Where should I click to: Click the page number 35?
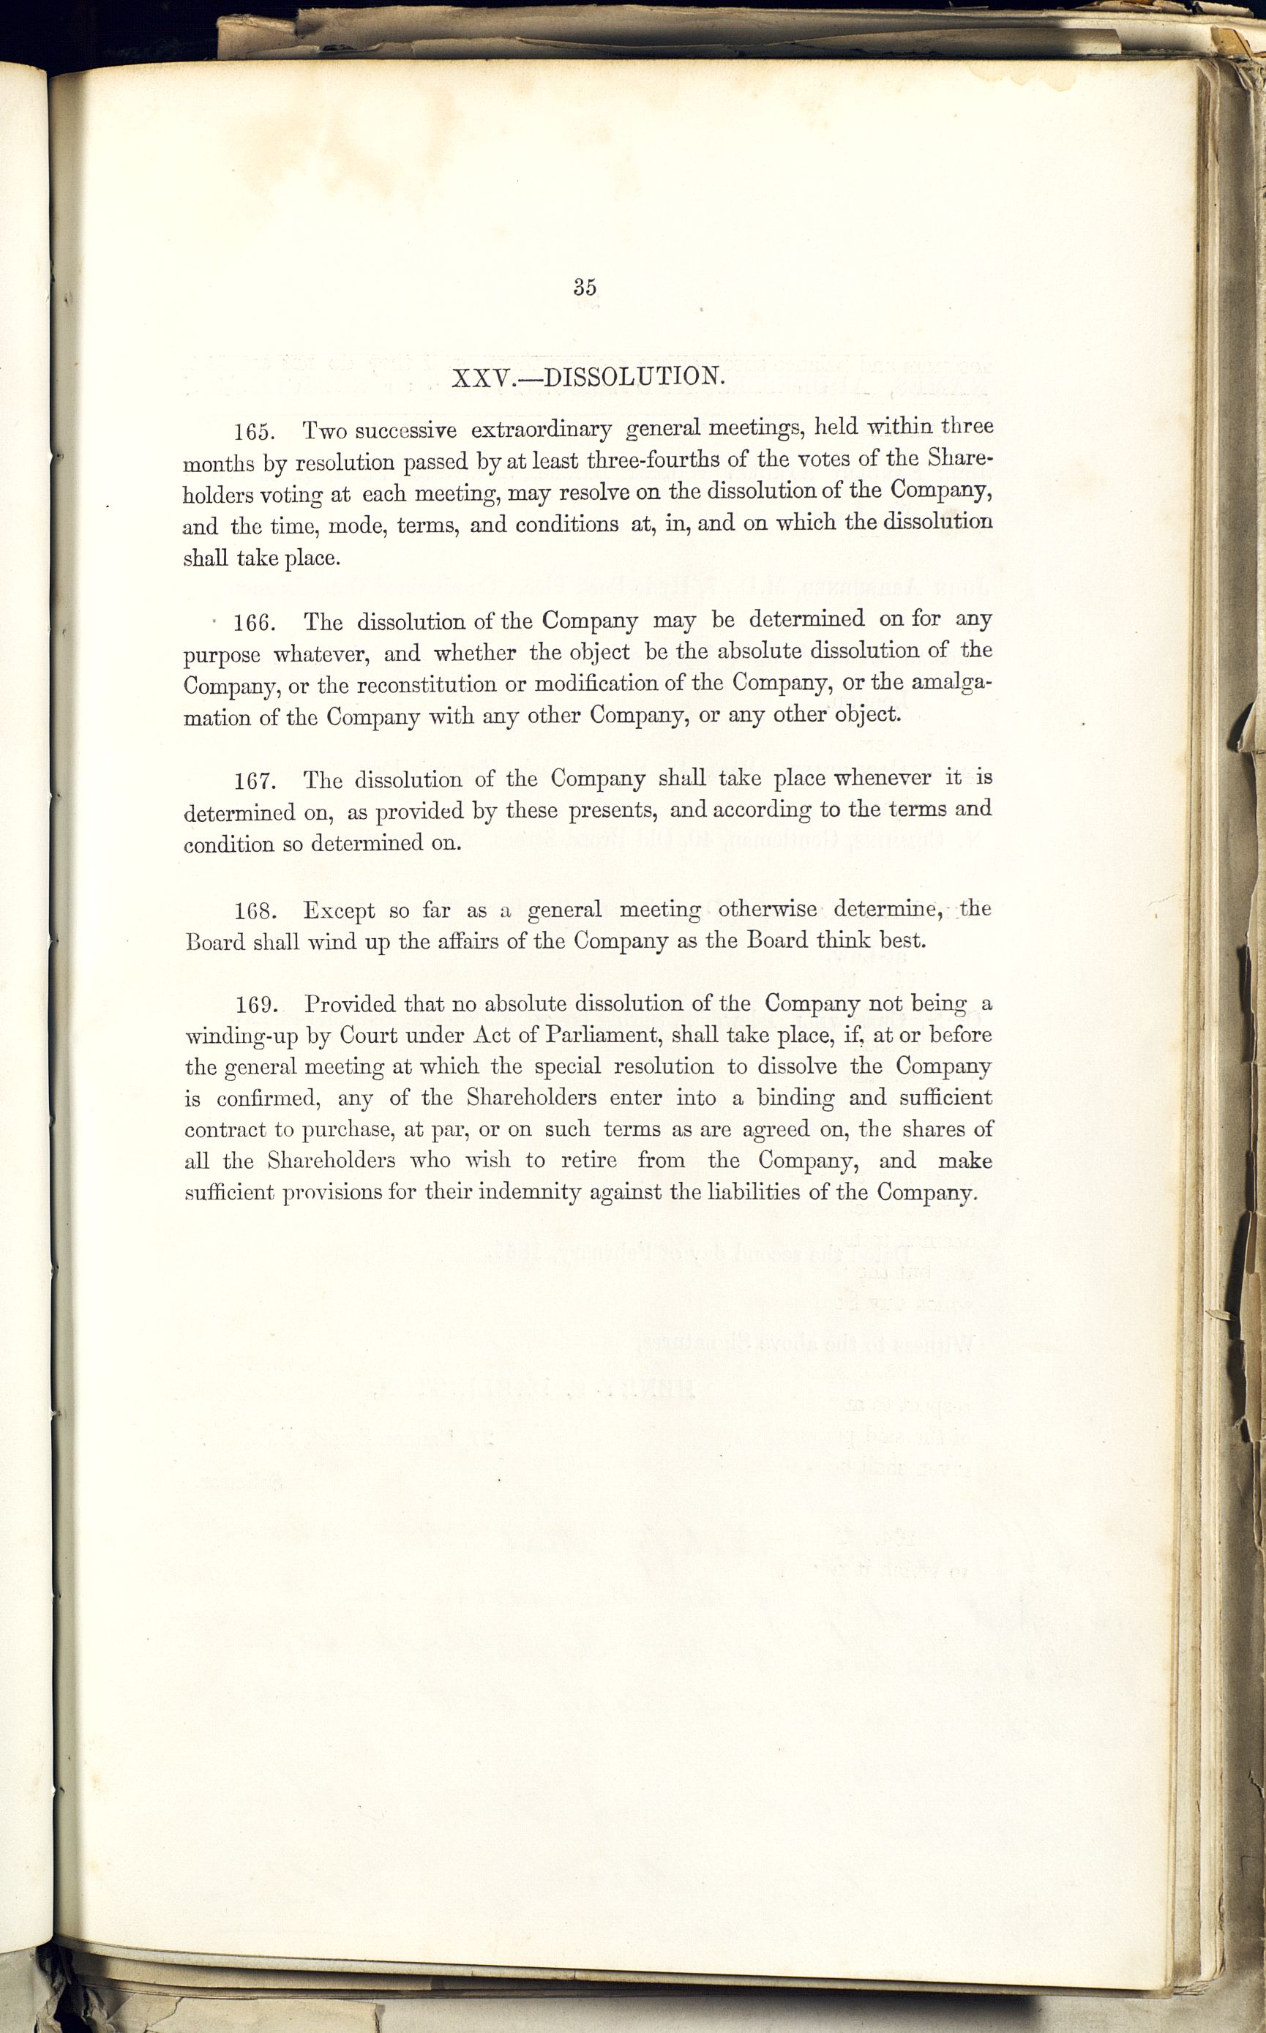coord(585,286)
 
